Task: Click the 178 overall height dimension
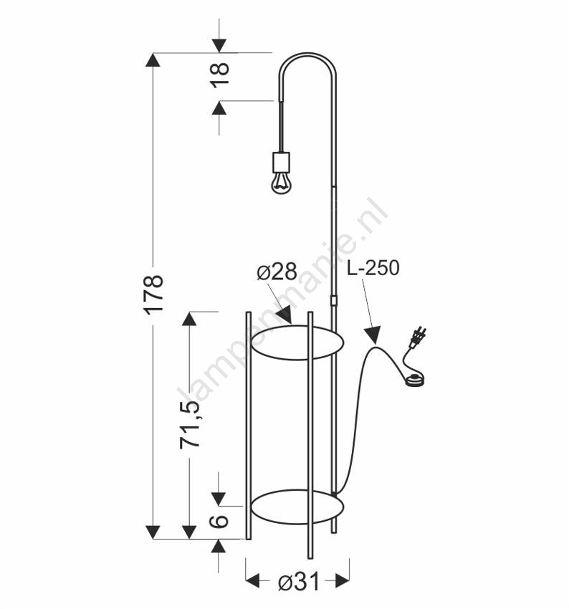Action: pyautogui.click(x=153, y=294)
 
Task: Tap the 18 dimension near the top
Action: pyautogui.click(x=220, y=75)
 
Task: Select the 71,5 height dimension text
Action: pyautogui.click(x=190, y=425)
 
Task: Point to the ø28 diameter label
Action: pyautogui.click(x=277, y=272)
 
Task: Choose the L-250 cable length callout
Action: pyautogui.click(x=373, y=268)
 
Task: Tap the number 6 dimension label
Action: pyautogui.click(x=219, y=521)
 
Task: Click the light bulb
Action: pyautogui.click(x=281, y=183)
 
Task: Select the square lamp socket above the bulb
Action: pyautogui.click(x=281, y=162)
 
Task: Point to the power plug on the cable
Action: pyautogui.click(x=418, y=337)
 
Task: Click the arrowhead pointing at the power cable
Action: pyautogui.click(x=373, y=335)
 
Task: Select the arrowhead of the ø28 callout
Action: pyautogui.click(x=285, y=315)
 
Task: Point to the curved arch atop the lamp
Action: pyautogui.click(x=307, y=54)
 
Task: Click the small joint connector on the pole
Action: pyautogui.click(x=334, y=300)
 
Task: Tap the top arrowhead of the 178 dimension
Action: pyautogui.click(x=153, y=59)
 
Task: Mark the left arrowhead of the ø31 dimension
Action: pyautogui.click(x=253, y=581)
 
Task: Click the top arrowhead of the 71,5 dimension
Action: pyautogui.click(x=189, y=319)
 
